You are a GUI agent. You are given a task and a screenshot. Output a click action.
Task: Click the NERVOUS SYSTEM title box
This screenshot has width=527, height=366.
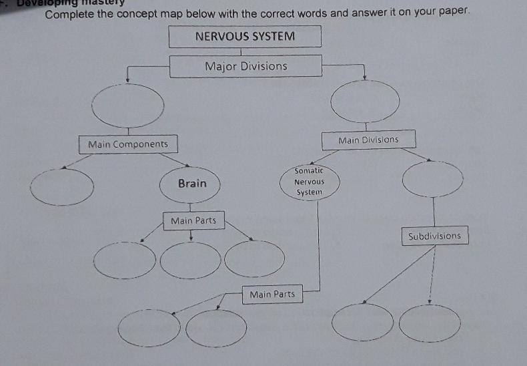click(x=245, y=36)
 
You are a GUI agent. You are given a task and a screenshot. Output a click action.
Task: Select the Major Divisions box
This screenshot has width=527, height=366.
click(x=245, y=66)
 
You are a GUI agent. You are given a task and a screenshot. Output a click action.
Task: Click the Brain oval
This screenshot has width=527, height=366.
click(x=192, y=183)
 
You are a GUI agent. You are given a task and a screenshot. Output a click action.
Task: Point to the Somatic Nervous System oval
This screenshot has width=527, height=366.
click(x=309, y=182)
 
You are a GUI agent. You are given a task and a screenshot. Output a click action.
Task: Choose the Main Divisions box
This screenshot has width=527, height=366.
click(x=368, y=140)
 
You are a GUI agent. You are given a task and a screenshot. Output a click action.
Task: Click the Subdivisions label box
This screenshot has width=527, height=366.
click(x=434, y=236)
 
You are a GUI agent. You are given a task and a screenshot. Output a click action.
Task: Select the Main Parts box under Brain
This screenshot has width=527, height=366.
click(x=193, y=220)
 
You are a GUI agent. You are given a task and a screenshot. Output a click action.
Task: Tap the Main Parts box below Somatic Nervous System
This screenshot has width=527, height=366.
click(x=272, y=294)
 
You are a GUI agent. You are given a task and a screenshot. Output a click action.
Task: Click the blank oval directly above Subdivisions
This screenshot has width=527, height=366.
click(x=433, y=178)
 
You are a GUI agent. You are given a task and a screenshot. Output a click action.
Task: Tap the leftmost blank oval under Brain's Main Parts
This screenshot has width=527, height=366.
click(x=125, y=259)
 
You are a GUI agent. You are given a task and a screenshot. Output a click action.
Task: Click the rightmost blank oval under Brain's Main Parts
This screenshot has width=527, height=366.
click(x=255, y=256)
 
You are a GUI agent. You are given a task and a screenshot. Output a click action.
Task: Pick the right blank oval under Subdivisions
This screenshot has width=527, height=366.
click(x=430, y=323)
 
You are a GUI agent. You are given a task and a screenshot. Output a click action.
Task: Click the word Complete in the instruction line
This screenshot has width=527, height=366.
click(x=69, y=13)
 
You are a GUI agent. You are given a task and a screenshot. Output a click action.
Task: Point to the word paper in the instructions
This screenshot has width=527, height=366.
click(x=459, y=13)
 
